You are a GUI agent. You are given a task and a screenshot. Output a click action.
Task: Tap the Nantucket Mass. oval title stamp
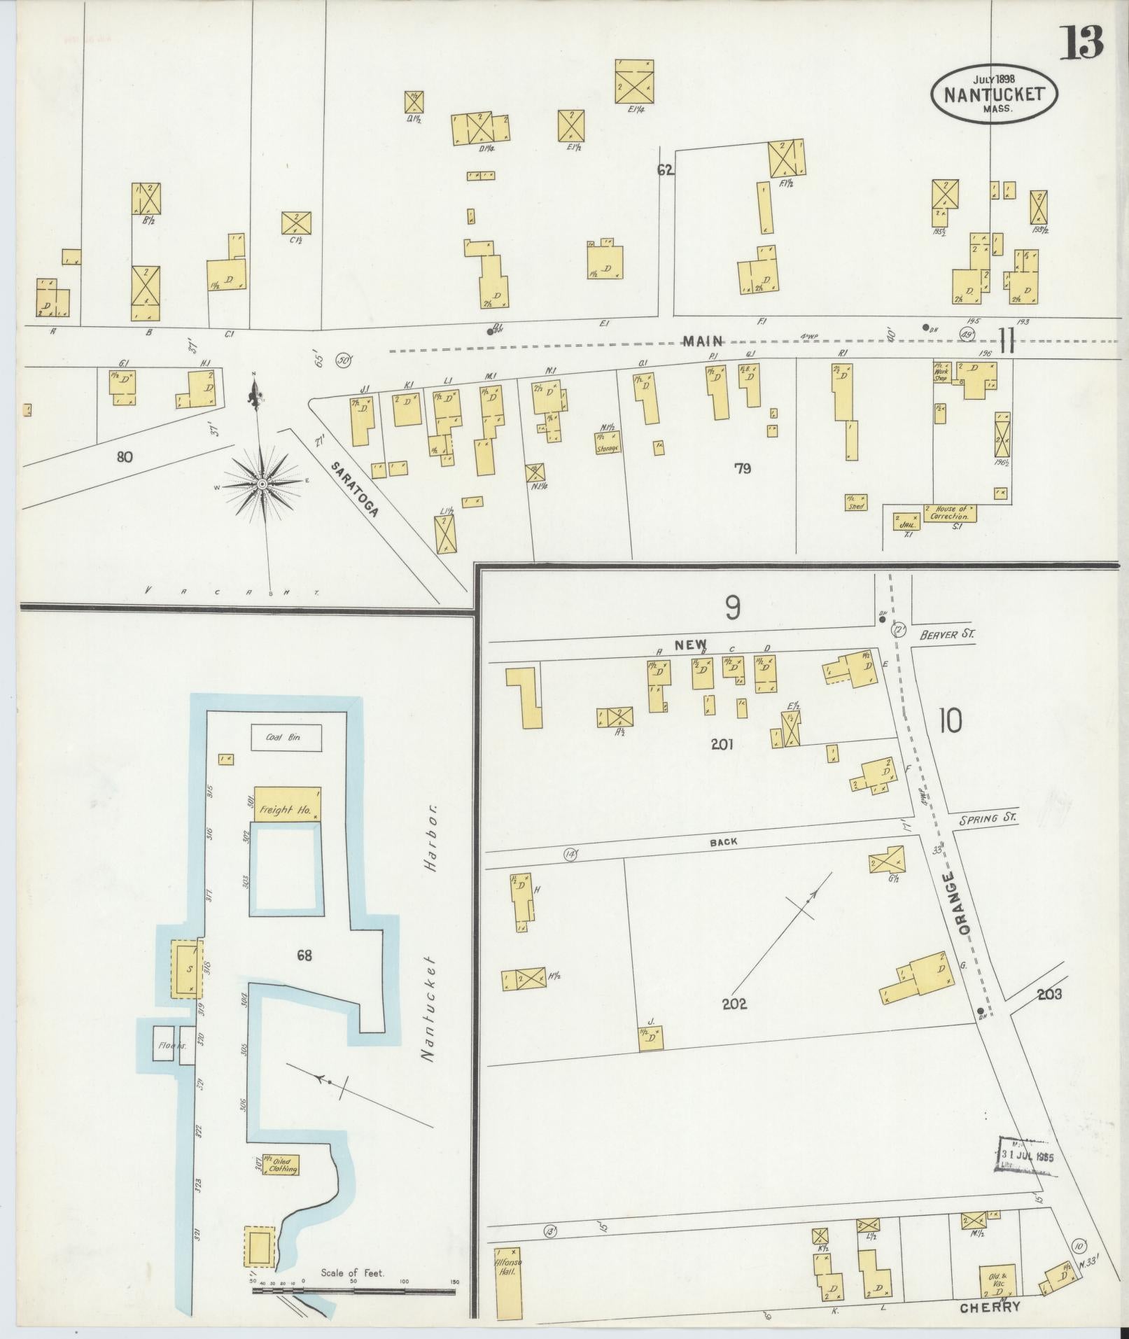[994, 94]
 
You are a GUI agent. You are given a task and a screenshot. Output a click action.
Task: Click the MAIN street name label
[703, 341]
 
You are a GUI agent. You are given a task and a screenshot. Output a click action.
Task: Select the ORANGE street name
[956, 904]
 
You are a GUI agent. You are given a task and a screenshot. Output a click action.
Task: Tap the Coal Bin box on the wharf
[286, 737]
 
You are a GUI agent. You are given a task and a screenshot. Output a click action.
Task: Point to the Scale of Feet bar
[353, 1289]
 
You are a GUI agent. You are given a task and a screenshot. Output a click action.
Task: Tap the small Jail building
[906, 520]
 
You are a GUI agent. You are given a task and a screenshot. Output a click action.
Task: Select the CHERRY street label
[989, 1307]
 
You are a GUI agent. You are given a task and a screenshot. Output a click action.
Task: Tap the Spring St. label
[988, 818]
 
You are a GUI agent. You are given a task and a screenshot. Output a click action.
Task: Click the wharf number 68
[304, 955]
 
